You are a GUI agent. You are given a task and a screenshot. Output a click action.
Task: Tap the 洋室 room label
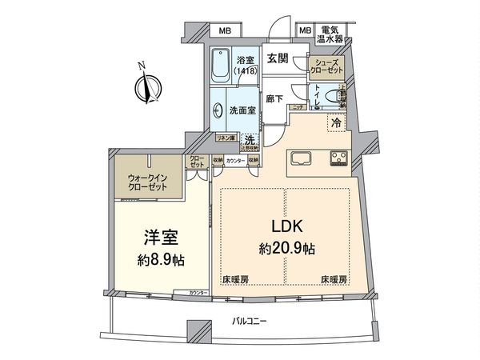tap(166, 238)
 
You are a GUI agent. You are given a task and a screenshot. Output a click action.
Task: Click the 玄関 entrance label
tap(278, 58)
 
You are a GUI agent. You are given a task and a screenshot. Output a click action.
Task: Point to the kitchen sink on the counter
tap(302, 156)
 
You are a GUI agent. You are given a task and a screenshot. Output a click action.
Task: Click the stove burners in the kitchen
tap(337, 157)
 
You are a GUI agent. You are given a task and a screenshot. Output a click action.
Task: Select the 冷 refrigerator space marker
tap(337, 124)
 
